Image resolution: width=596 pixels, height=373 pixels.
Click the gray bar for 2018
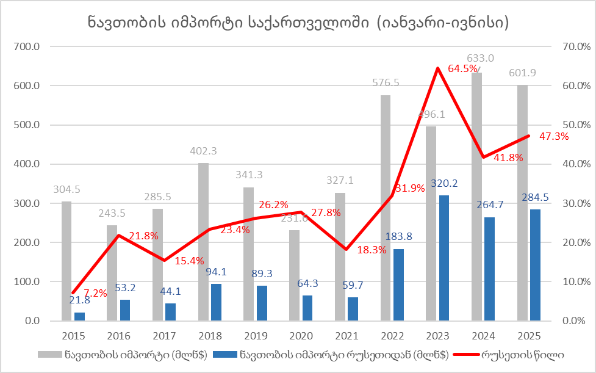(203, 242)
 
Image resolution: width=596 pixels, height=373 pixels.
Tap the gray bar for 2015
(66, 261)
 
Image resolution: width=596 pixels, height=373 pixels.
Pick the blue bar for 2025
(535, 265)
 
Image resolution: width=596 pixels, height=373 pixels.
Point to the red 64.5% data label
(462, 69)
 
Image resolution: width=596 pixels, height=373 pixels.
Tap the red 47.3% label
(554, 137)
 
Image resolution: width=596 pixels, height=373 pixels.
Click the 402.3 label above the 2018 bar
(203, 151)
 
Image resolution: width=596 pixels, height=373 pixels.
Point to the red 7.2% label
(95, 293)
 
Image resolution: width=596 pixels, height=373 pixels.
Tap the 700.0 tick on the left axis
(27, 46)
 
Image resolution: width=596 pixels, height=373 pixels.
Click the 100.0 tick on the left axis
(27, 282)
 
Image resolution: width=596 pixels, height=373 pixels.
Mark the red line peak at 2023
(438, 68)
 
